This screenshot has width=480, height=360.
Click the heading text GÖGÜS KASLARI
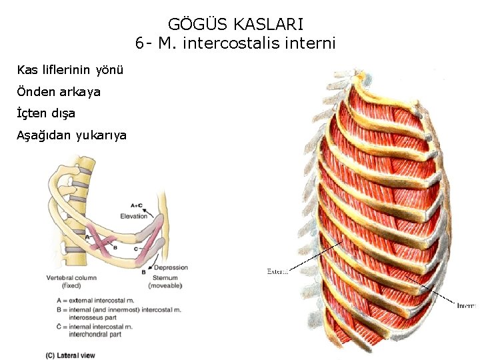click(x=235, y=25)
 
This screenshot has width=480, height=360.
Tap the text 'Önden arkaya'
click(x=59, y=91)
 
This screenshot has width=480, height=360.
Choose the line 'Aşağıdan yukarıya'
click(x=72, y=135)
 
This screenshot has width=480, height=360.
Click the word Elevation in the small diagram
click(x=134, y=216)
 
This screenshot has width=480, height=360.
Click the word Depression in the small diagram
click(x=171, y=267)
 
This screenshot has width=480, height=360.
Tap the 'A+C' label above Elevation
click(x=140, y=205)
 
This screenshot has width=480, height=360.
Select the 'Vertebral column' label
click(x=71, y=277)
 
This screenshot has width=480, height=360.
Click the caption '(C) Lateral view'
click(x=70, y=355)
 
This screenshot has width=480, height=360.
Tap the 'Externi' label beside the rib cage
click(x=277, y=271)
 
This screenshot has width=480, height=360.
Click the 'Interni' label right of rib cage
click(x=466, y=306)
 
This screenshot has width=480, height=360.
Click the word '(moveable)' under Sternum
click(x=164, y=285)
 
